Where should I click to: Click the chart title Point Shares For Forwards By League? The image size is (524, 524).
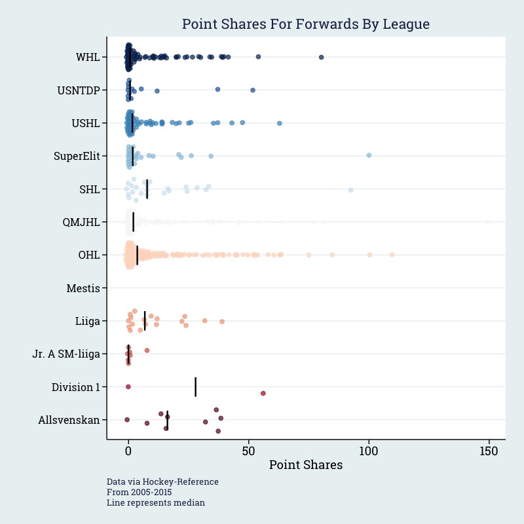(305, 25)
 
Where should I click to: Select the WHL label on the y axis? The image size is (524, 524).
(88, 57)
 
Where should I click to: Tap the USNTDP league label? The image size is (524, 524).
(79, 90)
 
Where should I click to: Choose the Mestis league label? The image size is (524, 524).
(83, 288)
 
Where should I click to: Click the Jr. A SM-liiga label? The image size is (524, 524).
(66, 354)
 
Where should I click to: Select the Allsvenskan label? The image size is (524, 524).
(69, 420)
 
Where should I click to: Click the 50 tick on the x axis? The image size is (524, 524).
(248, 452)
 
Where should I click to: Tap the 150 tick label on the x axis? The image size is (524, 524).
(489, 452)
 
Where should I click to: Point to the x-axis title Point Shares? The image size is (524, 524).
(306, 465)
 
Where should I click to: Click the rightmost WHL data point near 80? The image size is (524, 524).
(321, 58)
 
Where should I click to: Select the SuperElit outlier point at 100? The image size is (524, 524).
(369, 155)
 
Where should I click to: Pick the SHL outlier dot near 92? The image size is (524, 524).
(351, 190)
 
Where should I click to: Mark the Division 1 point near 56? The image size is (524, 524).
(263, 393)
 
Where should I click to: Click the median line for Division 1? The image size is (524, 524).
(195, 386)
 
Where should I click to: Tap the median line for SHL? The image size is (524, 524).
(147, 189)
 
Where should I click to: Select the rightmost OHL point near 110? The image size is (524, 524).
(392, 254)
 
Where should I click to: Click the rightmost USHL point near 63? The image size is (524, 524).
(280, 123)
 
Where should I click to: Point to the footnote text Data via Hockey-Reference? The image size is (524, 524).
(162, 481)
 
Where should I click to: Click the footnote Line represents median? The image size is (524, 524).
(156, 503)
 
